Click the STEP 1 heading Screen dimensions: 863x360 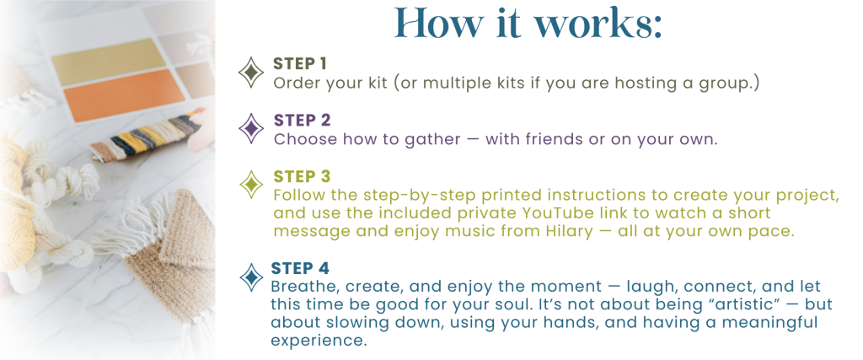coord(300,64)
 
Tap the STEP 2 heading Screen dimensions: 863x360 coord(303,120)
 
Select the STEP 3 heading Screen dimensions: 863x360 coord(303,177)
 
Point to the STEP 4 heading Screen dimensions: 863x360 coord(300,269)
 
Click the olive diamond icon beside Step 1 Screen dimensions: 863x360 coord(251,73)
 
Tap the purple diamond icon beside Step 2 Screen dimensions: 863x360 coord(251,129)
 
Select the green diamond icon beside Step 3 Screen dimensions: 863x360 coord(251,185)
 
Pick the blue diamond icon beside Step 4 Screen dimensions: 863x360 coord(251,277)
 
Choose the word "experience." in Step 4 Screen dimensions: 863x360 coord(319,340)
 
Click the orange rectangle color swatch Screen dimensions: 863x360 coord(125,94)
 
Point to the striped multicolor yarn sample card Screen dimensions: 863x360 coord(144,137)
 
